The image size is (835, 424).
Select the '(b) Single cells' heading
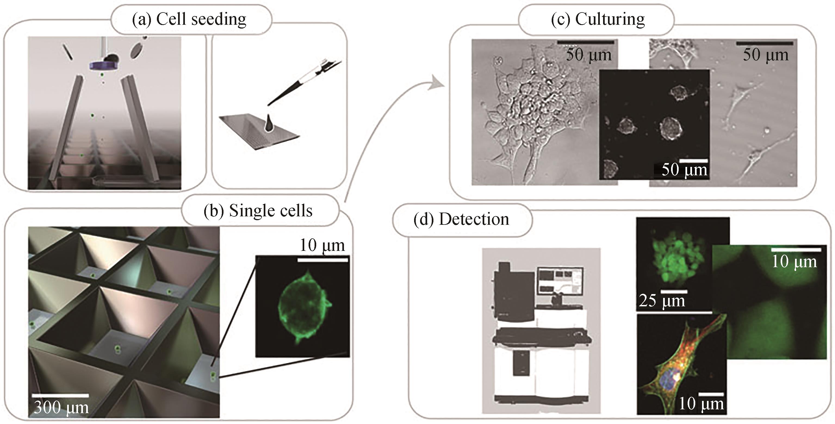(x=258, y=211)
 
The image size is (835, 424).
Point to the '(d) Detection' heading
(x=461, y=220)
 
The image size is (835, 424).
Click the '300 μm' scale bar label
(x=61, y=407)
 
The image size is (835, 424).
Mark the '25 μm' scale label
(x=662, y=301)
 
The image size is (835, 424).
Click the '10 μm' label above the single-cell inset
(x=322, y=245)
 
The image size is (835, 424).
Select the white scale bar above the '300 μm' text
(x=60, y=395)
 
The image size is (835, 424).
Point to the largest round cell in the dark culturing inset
(x=671, y=128)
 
